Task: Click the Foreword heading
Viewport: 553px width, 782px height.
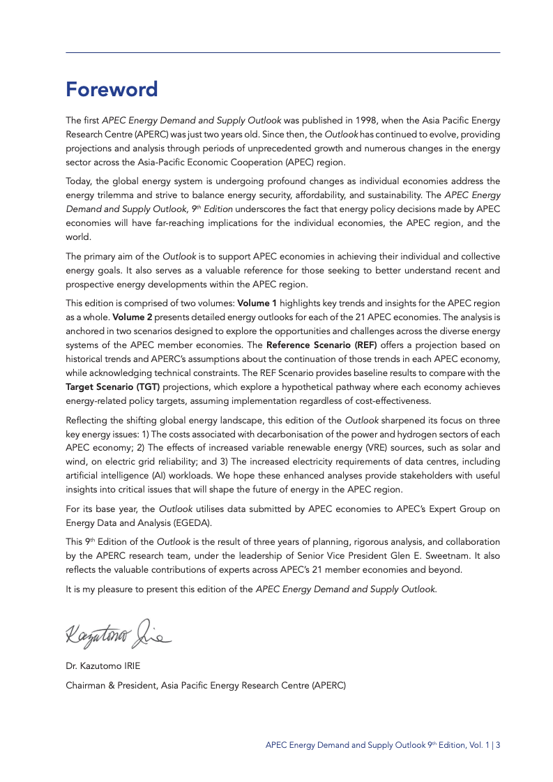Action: tap(112, 89)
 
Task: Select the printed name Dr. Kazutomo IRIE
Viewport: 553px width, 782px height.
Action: tap(103, 666)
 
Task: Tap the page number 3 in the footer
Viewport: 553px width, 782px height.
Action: tap(498, 745)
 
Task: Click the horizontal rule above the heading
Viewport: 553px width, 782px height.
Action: tap(282, 52)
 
